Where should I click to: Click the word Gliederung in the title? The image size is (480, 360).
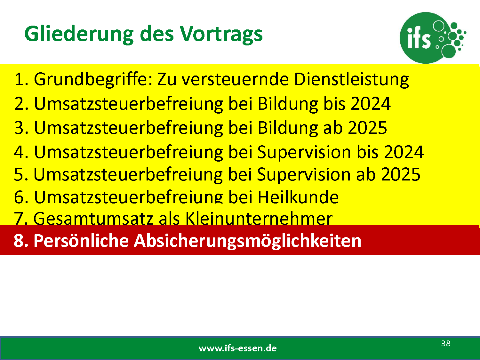79,34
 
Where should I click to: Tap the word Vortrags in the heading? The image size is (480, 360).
221,34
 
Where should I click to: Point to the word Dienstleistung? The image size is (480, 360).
351,80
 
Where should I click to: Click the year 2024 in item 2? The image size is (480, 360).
371,104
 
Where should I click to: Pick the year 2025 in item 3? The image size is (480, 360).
367,128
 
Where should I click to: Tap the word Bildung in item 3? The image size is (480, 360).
288,128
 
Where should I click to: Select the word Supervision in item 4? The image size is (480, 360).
304,152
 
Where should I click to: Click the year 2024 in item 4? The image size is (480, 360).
404,152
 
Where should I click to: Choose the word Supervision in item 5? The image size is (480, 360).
304,175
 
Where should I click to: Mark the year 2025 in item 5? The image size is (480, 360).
401,174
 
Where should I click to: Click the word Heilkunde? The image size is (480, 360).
298,197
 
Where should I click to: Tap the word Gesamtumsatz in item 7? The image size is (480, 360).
93,218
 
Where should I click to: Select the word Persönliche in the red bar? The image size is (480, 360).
81,241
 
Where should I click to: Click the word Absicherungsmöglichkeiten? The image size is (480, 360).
247,241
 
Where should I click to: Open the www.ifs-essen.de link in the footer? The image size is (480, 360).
237,348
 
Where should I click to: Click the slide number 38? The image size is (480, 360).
446,343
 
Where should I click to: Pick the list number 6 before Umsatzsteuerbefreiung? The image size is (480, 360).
19,197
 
